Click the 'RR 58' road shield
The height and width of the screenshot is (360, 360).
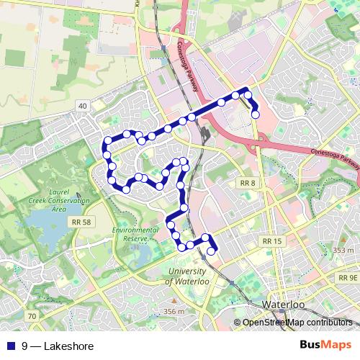[81, 223]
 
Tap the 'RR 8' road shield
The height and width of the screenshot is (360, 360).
[248, 183]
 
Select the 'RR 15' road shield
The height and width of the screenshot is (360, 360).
[271, 240]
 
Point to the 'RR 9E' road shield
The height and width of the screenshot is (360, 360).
[347, 277]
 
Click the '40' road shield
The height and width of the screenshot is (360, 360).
[83, 107]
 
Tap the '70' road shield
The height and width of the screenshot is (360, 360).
[31, 316]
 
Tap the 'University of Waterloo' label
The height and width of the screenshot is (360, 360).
[187, 276]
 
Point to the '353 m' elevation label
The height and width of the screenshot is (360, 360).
[343, 250]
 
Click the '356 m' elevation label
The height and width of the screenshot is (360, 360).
[174, 311]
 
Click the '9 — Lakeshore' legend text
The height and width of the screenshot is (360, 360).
[58, 346]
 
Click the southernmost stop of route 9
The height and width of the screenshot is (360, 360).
[212, 251]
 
